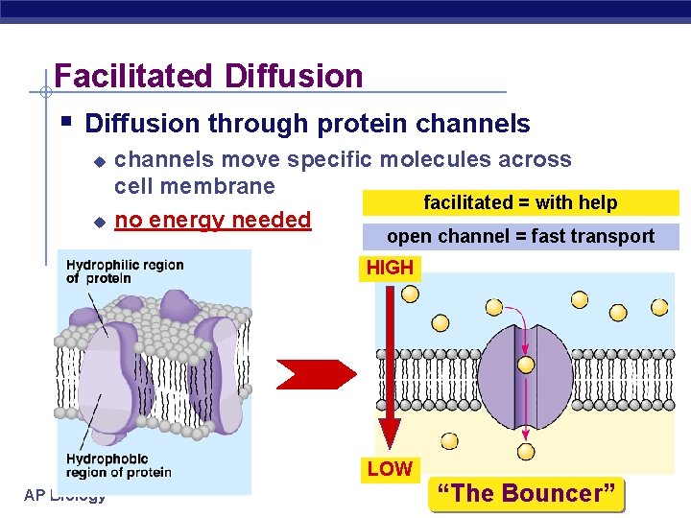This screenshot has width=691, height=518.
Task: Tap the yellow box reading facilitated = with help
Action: tap(519, 202)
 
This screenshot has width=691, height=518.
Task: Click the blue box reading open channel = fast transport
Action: tap(519, 236)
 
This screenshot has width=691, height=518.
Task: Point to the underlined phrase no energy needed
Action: tap(212, 220)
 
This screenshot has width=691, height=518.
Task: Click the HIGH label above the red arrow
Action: tap(390, 268)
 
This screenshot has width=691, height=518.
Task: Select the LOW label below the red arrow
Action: tap(390, 469)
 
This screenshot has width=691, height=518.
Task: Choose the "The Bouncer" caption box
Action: tap(527, 493)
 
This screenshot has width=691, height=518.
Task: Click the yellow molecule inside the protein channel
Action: tap(526, 365)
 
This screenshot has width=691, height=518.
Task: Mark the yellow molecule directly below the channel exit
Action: tap(526, 451)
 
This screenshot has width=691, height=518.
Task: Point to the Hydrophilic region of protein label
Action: tap(125, 271)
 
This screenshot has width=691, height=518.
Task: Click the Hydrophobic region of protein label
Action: tap(118, 465)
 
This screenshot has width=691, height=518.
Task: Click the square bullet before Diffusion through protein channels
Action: tap(64, 122)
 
